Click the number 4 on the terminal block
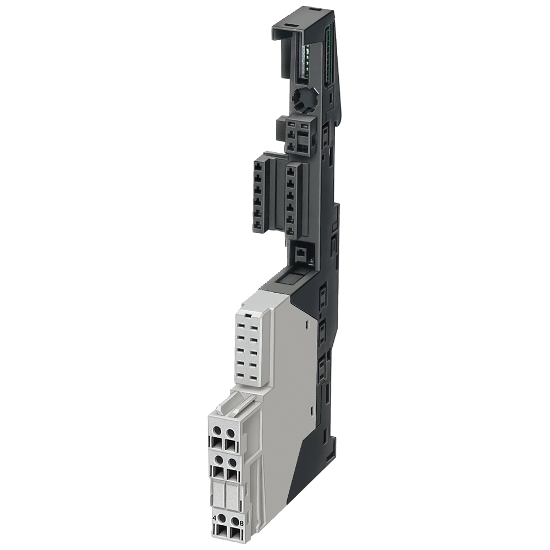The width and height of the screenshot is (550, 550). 214,518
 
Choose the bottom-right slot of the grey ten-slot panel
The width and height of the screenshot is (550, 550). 253,376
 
